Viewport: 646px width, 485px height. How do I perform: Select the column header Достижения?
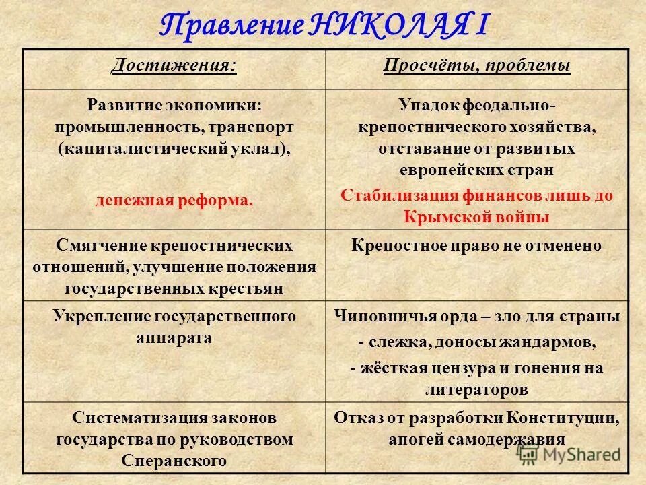tap(174, 65)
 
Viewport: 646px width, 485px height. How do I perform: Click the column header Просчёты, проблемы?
tap(476, 65)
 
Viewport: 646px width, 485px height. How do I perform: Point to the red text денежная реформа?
tap(174, 200)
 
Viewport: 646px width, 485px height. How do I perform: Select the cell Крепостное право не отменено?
tap(476, 245)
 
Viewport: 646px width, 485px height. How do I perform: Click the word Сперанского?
tap(174, 461)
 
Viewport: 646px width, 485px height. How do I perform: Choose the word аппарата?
tap(174, 338)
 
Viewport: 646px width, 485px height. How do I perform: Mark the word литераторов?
tap(476, 389)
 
